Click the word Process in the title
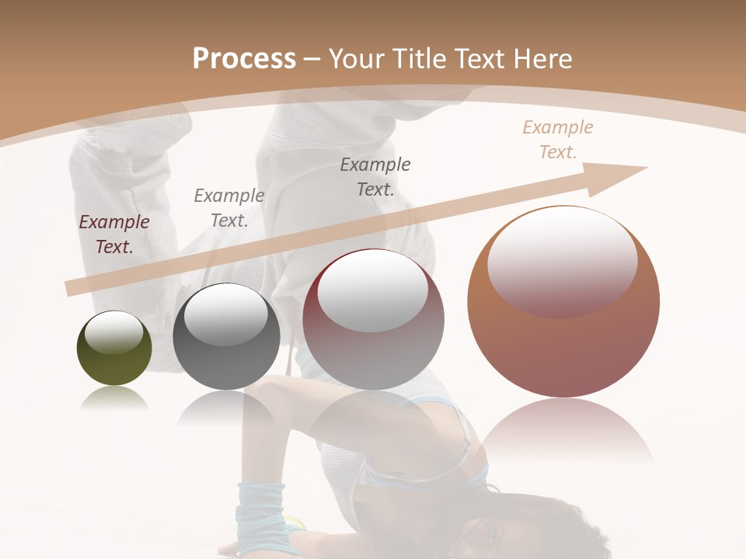(244, 59)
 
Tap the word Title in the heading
(417, 59)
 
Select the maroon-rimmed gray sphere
(373, 320)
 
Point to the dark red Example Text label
(114, 234)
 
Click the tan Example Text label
(558, 140)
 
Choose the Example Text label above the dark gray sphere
(229, 207)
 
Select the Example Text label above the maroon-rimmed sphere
(375, 176)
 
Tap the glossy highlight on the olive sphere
(114, 332)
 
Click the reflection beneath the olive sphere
(114, 400)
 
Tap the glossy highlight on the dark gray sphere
(226, 314)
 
